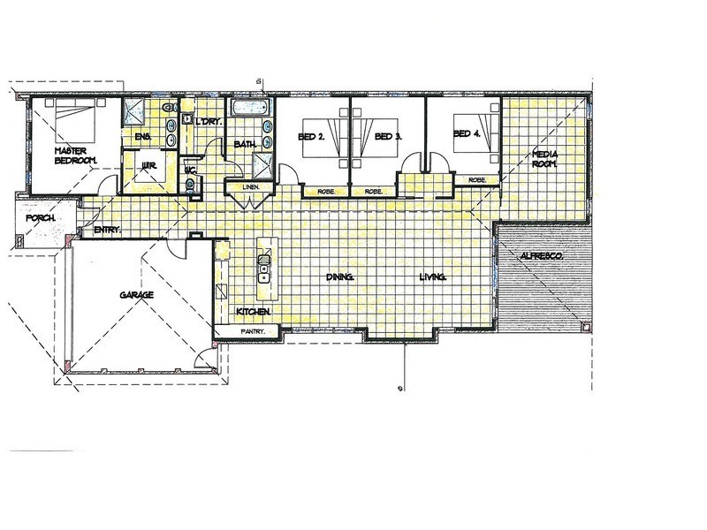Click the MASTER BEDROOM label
[76, 155]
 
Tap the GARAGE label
[137, 295]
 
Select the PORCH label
[41, 218]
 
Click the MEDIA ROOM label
[545, 159]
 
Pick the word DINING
[340, 276]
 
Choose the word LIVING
[433, 276]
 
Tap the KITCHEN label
[254, 312]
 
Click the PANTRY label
[253, 332]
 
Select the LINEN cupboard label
[250, 187]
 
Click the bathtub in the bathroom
[249, 107]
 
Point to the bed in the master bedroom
[76, 119]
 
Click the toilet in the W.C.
[190, 185]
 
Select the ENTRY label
[107, 230]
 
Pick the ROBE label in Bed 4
[477, 180]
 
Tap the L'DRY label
[207, 121]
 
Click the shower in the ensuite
[134, 111]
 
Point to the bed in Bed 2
[322, 138]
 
